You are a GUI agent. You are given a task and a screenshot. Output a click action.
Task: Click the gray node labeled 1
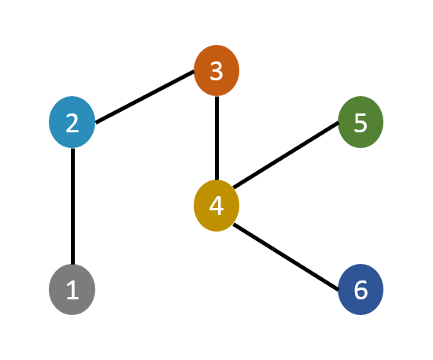pyautogui.click(x=72, y=290)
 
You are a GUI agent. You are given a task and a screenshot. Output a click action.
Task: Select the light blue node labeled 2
pyautogui.click(x=72, y=122)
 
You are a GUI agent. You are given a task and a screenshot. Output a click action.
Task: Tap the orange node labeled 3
pyautogui.click(x=216, y=71)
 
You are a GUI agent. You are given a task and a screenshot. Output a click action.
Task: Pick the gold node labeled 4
pyautogui.click(x=216, y=206)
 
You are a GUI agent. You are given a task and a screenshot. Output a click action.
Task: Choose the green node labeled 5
pyautogui.click(x=360, y=122)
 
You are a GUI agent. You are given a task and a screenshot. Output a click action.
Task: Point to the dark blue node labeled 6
pyautogui.click(x=360, y=289)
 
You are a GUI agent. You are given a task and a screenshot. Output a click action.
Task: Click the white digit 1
pyautogui.click(x=72, y=291)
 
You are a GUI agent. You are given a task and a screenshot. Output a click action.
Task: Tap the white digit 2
pyautogui.click(x=72, y=124)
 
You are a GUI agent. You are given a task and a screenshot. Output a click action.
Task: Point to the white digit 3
pyautogui.click(x=216, y=72)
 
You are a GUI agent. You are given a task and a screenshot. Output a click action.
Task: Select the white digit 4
pyautogui.click(x=216, y=206)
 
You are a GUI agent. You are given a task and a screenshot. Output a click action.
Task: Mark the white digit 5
pyautogui.click(x=360, y=124)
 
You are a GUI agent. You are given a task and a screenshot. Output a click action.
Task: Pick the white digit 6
pyautogui.click(x=360, y=291)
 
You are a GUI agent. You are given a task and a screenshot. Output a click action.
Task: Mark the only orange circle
pyautogui.click(x=216, y=71)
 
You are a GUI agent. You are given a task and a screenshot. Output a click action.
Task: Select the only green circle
pyautogui.click(x=360, y=122)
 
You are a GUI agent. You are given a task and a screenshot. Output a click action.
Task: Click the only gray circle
pyautogui.click(x=72, y=290)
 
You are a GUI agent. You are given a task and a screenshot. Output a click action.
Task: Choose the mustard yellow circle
pyautogui.click(x=216, y=206)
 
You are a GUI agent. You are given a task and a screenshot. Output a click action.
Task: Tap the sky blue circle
pyautogui.click(x=72, y=122)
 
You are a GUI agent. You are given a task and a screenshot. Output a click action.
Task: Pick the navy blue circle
pyautogui.click(x=360, y=289)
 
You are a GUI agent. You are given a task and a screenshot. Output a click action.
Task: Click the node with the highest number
pyautogui.click(x=360, y=289)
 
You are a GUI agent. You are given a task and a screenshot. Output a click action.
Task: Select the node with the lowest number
pyautogui.click(x=72, y=290)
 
